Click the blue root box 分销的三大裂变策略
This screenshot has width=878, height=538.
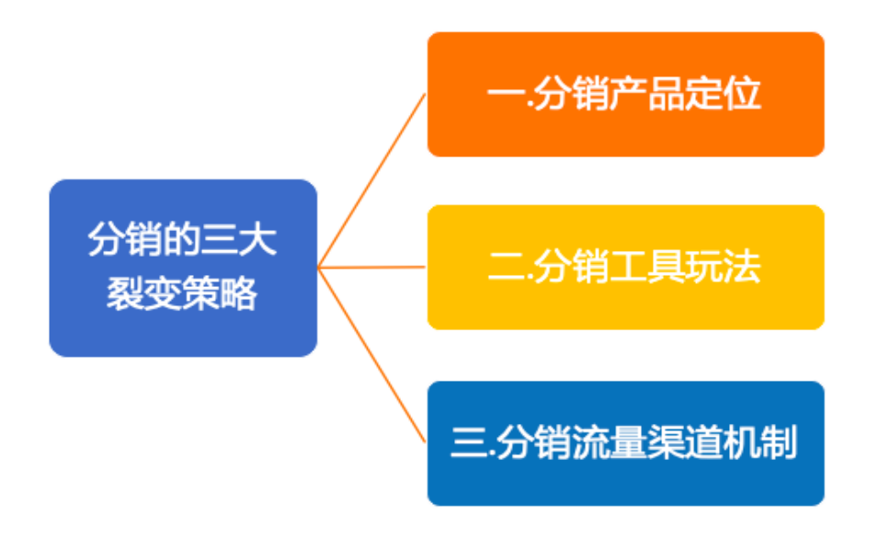tap(183, 268)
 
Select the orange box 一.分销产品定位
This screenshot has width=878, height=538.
tap(625, 94)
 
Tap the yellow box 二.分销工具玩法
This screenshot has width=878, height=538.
tap(625, 267)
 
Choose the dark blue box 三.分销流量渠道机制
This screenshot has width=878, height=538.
tap(625, 443)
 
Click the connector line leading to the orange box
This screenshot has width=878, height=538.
tap(371, 181)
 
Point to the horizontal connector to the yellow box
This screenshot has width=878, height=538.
tap(371, 268)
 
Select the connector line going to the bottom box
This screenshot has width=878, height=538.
tap(371, 355)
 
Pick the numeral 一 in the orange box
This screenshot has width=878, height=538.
tap(506, 94)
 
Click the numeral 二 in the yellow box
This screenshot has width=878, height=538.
tap(506, 267)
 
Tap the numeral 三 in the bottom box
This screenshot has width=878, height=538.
tap(469, 443)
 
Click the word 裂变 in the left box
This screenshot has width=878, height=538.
tap(144, 293)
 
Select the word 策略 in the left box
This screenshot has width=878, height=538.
tap(220, 293)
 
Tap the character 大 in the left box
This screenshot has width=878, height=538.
tap(258, 240)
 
